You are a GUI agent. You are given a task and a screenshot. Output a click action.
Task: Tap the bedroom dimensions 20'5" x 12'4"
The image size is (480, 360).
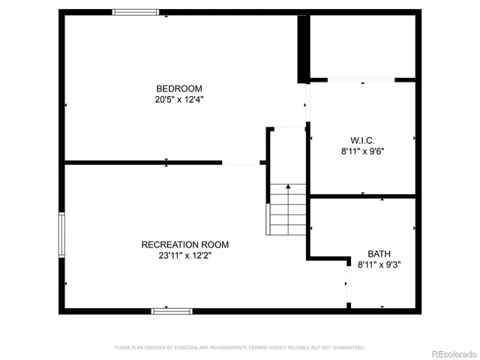pyautogui.click(x=179, y=98)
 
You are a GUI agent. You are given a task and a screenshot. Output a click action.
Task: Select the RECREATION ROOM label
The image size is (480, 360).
pyautogui.click(x=185, y=244)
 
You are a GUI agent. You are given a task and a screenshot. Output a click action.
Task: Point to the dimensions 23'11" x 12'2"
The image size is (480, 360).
pyautogui.click(x=185, y=255)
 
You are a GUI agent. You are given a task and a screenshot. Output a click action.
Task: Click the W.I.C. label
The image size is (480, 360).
pyautogui.click(x=362, y=140)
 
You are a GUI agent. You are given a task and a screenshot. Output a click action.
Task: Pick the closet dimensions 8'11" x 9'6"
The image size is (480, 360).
pyautogui.click(x=362, y=151)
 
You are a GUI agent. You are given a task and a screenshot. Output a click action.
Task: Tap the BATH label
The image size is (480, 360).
pyautogui.click(x=379, y=253)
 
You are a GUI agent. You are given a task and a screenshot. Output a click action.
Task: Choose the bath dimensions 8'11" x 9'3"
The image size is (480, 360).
pyautogui.click(x=379, y=264)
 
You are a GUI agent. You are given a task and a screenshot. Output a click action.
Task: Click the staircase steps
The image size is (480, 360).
pyautogui.click(x=287, y=210)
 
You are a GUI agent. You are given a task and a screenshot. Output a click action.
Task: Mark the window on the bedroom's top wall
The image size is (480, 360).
pyautogui.click(x=136, y=12)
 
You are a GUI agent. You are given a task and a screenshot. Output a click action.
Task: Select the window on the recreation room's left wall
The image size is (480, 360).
pyautogui.click(x=62, y=235)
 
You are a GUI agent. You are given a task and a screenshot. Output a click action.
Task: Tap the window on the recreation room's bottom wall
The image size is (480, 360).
pyautogui.click(x=172, y=310)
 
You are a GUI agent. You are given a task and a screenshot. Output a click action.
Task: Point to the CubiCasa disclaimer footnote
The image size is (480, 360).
pyautogui.click(x=240, y=348)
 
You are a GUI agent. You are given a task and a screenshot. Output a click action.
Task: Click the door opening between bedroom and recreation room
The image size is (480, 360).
pyautogui.click(x=241, y=162)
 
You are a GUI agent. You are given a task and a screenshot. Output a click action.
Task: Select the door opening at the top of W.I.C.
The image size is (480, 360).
pyautogui.click(x=361, y=79)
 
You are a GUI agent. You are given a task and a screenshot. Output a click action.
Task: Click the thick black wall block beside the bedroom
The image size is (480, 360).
pyautogui.click(x=303, y=48)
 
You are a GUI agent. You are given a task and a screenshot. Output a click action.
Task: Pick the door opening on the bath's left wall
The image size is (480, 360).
pyautogui.click(x=347, y=285)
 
